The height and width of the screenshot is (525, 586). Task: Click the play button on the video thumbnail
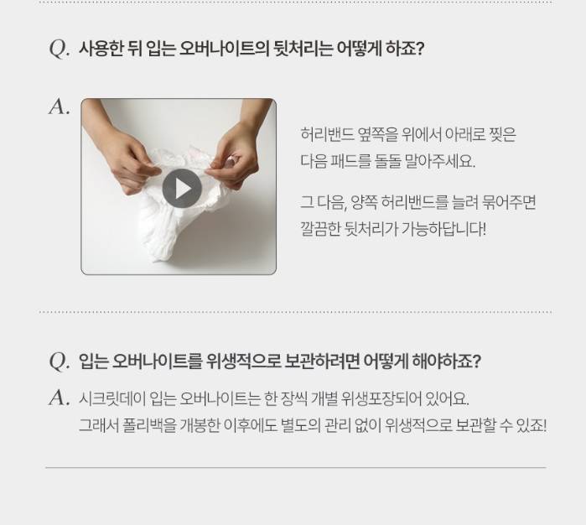click(x=182, y=188)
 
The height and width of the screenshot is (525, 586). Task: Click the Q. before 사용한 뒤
click(x=60, y=49)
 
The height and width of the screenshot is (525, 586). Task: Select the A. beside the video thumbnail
click(x=60, y=107)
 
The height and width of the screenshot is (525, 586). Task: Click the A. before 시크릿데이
click(x=60, y=398)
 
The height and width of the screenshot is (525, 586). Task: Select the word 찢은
click(x=503, y=134)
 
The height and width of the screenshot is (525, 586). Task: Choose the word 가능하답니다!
click(x=443, y=229)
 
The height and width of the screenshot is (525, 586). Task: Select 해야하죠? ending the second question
click(x=446, y=361)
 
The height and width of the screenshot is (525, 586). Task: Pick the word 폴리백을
click(x=149, y=425)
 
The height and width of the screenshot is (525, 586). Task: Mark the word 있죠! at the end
click(x=531, y=425)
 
